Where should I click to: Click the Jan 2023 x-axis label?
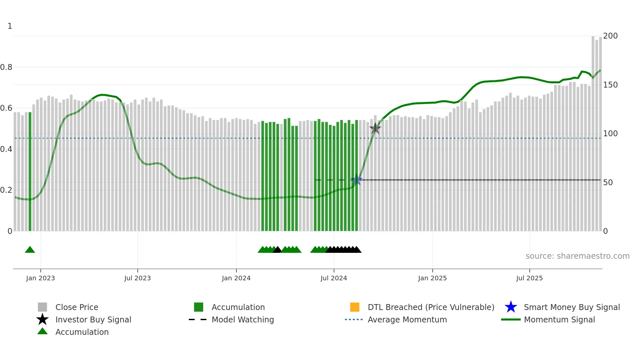click(40, 278)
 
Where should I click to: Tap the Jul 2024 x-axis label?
click(334, 278)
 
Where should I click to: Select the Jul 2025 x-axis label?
click(529, 278)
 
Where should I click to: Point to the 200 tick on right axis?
click(610, 36)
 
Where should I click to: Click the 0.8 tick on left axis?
click(6, 67)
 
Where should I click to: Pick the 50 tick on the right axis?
click(608, 182)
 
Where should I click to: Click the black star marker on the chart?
click(375, 128)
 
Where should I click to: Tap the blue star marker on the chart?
click(357, 180)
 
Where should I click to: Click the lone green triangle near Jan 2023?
click(30, 250)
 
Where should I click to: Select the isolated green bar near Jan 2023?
click(30, 172)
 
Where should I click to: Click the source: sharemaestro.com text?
click(577, 256)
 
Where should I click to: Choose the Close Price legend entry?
click(77, 307)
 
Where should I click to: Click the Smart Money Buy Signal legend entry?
click(571, 307)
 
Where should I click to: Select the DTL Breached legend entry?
click(431, 307)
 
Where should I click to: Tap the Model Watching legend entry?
click(242, 319)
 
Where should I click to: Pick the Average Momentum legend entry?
click(407, 319)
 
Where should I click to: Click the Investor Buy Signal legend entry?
click(93, 319)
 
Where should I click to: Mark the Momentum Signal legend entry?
click(559, 319)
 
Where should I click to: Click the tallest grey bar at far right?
click(593, 134)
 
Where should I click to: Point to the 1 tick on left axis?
click(10, 26)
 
